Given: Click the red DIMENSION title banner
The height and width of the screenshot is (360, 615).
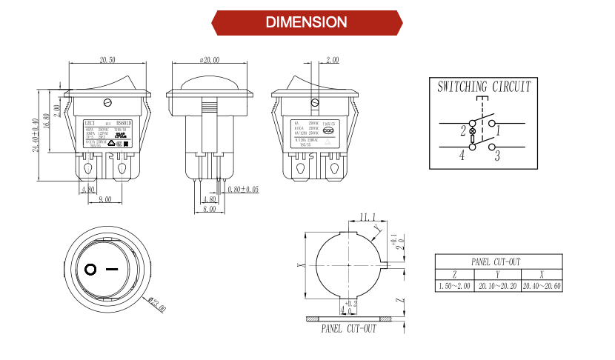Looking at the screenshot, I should (x=307, y=22).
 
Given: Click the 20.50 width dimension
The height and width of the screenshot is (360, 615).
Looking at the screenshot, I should (x=107, y=59).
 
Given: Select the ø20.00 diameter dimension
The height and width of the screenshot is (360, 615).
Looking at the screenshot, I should (x=210, y=59).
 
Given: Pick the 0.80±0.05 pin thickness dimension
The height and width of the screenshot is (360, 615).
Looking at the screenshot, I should (x=244, y=190).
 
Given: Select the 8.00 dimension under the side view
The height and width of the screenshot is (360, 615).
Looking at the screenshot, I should (x=210, y=210).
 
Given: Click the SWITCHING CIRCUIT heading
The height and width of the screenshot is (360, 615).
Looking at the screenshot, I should (x=484, y=87).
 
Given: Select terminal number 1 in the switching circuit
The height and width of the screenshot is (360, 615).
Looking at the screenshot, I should (x=499, y=131).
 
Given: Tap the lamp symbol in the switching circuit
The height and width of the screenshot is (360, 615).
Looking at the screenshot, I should (x=473, y=130).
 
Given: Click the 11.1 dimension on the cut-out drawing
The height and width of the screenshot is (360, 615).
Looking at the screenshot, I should (x=368, y=217).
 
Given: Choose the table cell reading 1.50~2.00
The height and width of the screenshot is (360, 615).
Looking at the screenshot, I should (x=454, y=285).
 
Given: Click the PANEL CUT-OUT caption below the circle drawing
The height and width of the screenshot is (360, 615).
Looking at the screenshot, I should (x=348, y=329).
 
